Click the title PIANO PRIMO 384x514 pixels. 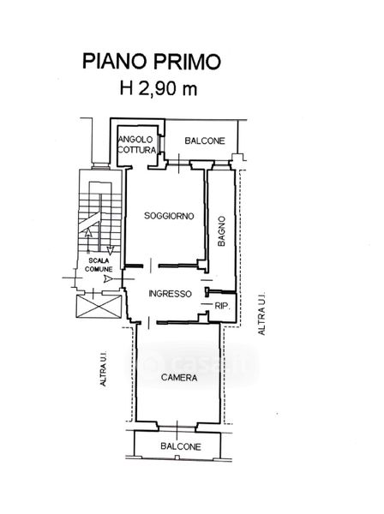152,62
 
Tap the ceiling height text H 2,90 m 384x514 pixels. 159,88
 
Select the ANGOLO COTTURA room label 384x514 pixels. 136,145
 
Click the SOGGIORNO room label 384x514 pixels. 169,216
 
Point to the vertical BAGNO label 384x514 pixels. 222,231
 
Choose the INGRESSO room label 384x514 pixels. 170,293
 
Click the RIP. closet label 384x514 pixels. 222,306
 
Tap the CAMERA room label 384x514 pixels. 179,378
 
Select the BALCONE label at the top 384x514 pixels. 205,140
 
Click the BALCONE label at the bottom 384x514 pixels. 181,446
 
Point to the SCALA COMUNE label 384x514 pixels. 99,265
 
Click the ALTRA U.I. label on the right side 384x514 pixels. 261,314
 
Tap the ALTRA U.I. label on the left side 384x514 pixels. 103,369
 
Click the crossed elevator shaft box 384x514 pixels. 99,306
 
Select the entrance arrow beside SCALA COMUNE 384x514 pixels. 107,279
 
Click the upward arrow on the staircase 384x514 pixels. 88,242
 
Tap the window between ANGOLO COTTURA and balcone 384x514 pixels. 159,143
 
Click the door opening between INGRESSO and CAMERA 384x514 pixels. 148,323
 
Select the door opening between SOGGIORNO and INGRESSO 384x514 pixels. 151,266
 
